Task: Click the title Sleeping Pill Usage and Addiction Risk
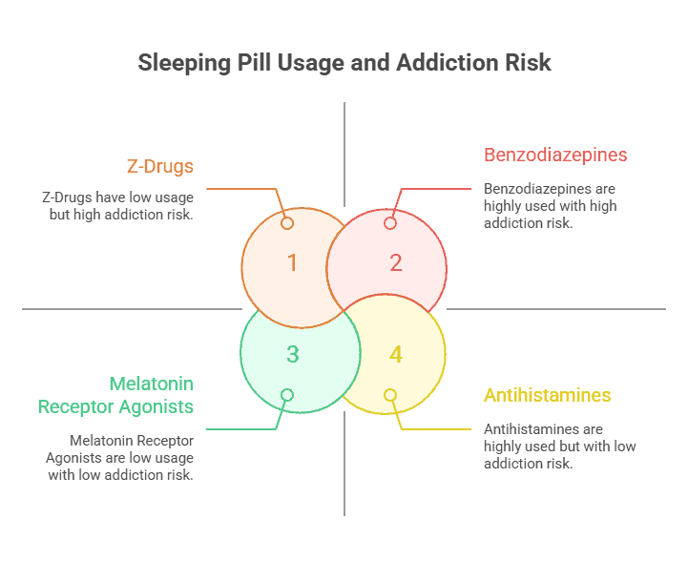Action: pyautogui.click(x=344, y=63)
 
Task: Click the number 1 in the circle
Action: pyautogui.click(x=292, y=262)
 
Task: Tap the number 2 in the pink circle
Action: pyautogui.click(x=396, y=262)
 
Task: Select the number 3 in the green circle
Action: pyautogui.click(x=292, y=355)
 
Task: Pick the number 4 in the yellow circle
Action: pyautogui.click(x=396, y=355)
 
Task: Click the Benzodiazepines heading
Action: pyautogui.click(x=555, y=155)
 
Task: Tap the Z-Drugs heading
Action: pyautogui.click(x=160, y=166)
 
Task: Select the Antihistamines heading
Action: pyautogui.click(x=547, y=395)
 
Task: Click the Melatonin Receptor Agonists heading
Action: pyautogui.click(x=116, y=395)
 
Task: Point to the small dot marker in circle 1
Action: pyautogui.click(x=287, y=223)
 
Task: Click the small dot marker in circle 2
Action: pyautogui.click(x=389, y=223)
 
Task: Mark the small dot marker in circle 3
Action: pyautogui.click(x=287, y=395)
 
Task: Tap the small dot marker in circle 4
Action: pyautogui.click(x=389, y=395)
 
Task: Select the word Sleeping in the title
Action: pyautogui.click(x=182, y=64)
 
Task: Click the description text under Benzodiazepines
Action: pyautogui.click(x=550, y=206)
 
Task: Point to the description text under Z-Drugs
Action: pyautogui.click(x=117, y=206)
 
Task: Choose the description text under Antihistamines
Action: pyautogui.click(x=559, y=447)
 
